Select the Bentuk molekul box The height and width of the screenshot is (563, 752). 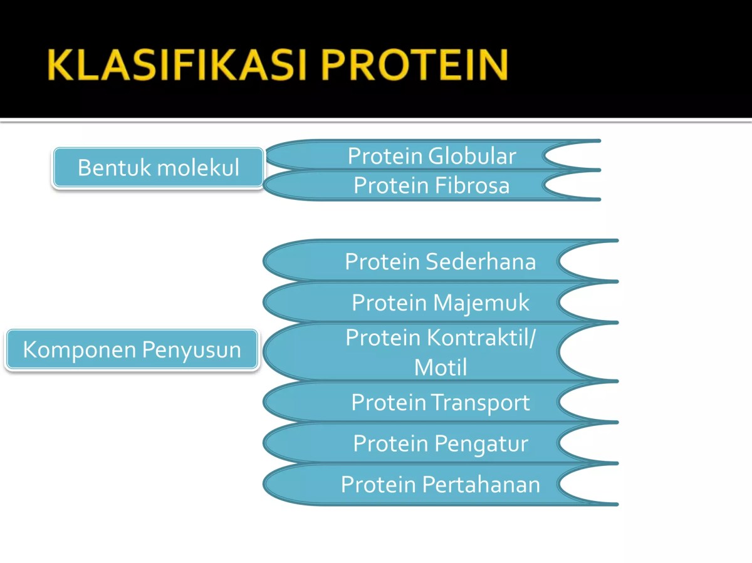click(158, 168)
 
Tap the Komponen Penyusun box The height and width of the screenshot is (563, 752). click(132, 349)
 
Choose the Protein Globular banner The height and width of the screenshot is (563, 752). click(432, 156)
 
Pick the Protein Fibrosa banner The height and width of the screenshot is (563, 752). click(432, 185)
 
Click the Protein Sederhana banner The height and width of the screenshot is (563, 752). click(440, 261)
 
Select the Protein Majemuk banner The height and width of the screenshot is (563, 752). click(440, 302)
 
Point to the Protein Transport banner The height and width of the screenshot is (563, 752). click(440, 402)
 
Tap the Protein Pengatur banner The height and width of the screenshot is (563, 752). click(440, 443)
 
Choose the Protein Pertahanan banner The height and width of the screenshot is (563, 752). click(440, 484)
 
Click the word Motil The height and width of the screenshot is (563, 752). click(440, 367)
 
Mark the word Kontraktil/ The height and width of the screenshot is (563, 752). click(481, 338)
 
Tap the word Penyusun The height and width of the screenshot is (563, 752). click(191, 349)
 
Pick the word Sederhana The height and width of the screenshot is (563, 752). click(480, 261)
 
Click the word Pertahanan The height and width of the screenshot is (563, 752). click(481, 484)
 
